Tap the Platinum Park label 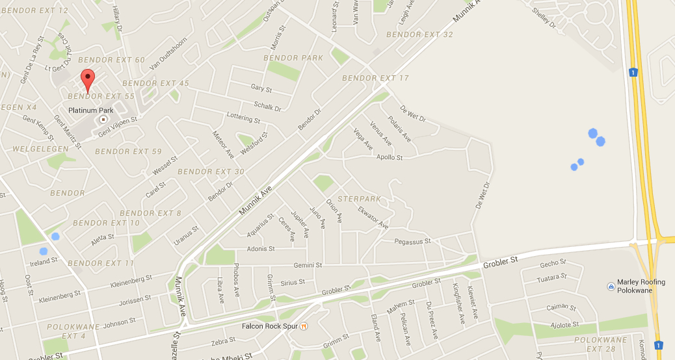88,110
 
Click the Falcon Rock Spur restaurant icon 303,326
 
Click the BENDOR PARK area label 293,58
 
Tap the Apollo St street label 390,157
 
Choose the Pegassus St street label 413,242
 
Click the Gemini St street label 308,265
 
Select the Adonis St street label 261,249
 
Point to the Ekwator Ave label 373,218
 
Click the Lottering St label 243,118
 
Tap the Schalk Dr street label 267,105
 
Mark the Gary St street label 261,88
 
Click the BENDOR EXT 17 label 375,78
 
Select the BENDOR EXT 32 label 419,34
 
